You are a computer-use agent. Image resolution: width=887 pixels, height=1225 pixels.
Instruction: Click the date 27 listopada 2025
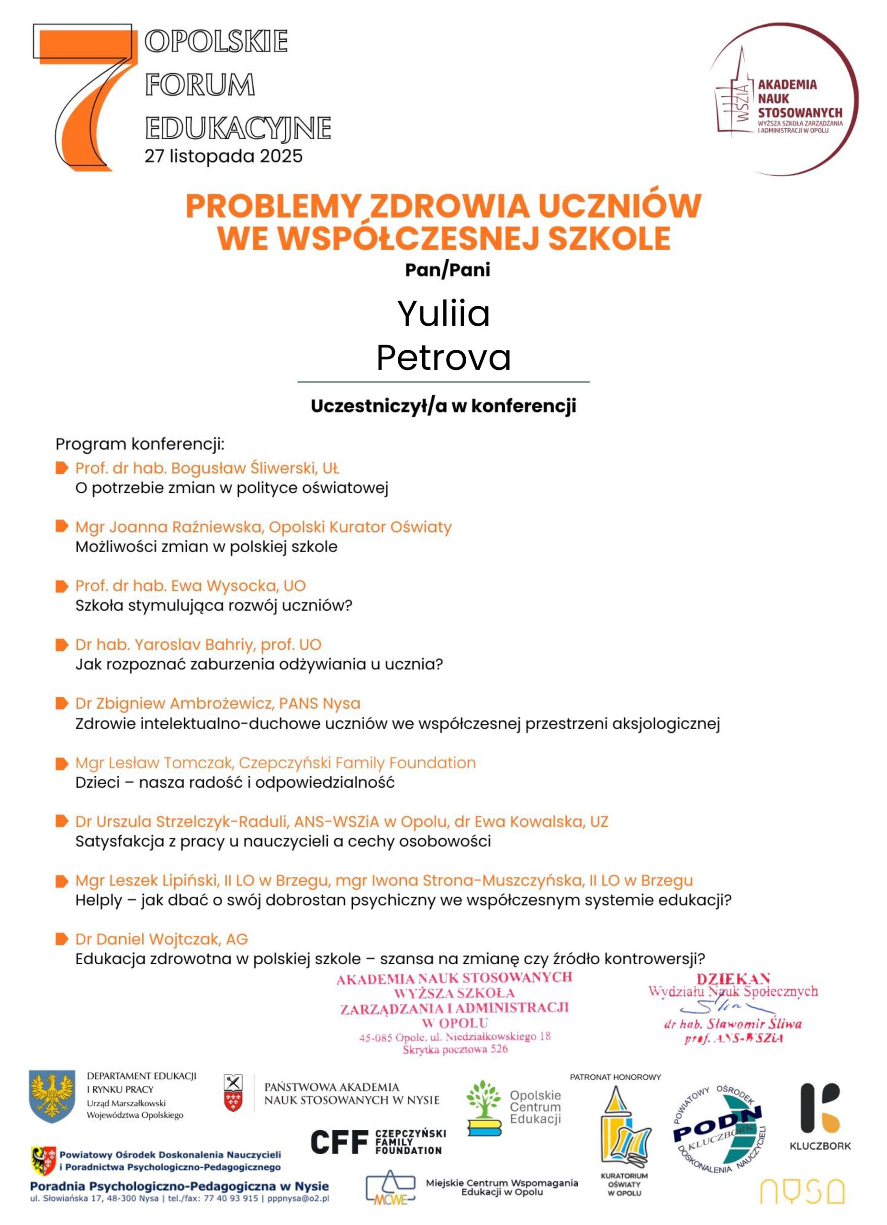tap(223, 156)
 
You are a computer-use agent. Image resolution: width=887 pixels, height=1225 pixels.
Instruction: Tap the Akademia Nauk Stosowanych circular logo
tap(783, 100)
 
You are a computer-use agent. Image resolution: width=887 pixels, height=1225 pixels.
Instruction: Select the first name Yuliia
tap(443, 313)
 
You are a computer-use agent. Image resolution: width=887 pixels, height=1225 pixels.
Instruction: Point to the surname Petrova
tap(443, 357)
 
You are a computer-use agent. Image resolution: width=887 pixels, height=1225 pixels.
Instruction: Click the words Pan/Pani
tap(447, 269)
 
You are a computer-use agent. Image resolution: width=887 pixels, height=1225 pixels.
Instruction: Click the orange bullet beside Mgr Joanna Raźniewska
tap(62, 526)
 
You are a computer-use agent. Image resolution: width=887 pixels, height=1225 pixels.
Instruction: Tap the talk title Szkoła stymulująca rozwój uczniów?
tap(213, 605)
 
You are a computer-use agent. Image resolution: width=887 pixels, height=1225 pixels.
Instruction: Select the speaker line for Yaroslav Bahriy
tap(198, 645)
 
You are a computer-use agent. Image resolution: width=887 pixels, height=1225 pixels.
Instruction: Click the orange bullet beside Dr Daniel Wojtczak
tap(62, 939)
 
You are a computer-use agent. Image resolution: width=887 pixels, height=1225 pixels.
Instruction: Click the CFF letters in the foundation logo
tap(339, 1142)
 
